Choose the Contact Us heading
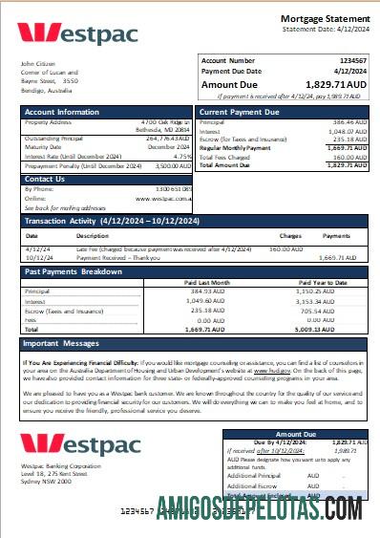coord(45,179)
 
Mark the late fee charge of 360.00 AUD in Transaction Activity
coord(286,249)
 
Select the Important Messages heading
coord(61,343)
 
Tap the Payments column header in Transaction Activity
coord(337,235)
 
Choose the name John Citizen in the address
coord(37,64)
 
